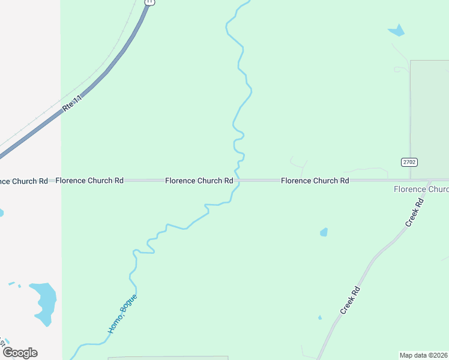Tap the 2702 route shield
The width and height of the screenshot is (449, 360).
click(409, 162)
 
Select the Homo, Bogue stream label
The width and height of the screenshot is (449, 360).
click(123, 313)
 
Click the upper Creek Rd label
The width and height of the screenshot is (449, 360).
click(414, 212)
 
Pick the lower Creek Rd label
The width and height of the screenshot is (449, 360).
click(349, 300)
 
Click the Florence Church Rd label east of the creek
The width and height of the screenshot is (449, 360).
click(315, 180)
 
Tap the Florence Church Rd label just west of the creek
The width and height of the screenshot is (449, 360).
click(199, 180)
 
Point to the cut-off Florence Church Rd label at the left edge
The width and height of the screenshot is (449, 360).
click(24, 181)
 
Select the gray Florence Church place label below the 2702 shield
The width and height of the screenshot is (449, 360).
click(421, 190)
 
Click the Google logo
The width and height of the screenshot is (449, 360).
click(19, 352)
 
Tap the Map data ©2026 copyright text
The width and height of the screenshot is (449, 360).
click(424, 355)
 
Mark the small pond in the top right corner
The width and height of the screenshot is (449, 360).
click(397, 29)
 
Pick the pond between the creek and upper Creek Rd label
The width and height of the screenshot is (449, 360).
click(324, 232)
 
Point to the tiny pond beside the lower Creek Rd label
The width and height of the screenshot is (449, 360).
click(319, 317)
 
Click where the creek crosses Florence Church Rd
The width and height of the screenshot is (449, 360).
click(237, 180)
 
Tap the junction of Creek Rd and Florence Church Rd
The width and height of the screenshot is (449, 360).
click(430, 180)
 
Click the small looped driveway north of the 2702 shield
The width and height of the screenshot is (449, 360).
click(399, 70)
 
